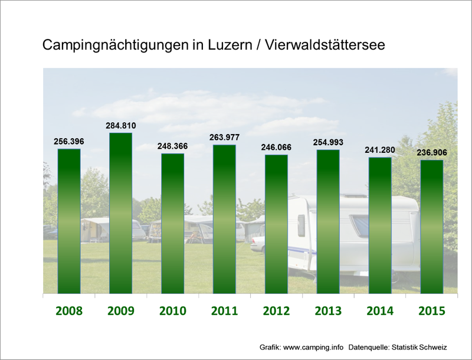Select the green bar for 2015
pos(431,226)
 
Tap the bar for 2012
pos(276,224)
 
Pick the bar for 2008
pos(69,221)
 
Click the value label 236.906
pos(431,152)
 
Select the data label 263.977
pos(224,138)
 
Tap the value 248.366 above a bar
pos(172,146)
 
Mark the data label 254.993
pos(327,142)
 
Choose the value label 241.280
pos(379,150)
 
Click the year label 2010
pos(172,311)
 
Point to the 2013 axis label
pos(327,311)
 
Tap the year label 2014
pos(379,311)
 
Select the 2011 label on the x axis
pos(224,311)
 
